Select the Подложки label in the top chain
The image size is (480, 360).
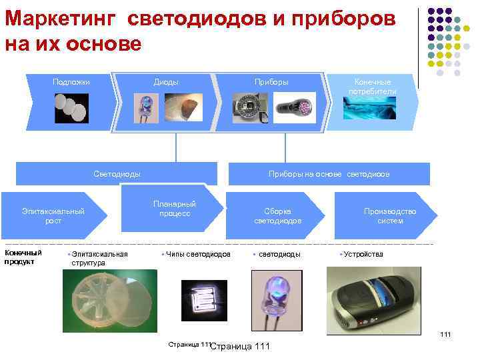coord(71,83)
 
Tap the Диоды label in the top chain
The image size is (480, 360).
coord(166,83)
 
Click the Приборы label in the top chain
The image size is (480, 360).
coord(271,83)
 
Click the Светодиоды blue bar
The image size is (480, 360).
coord(117,174)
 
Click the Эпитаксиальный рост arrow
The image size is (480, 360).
coord(53,215)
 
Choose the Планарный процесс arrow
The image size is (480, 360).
coord(174,209)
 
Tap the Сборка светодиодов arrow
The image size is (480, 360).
coord(277,215)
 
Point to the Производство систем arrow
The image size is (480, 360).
coord(389,215)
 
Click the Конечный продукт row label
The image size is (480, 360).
coord(23,257)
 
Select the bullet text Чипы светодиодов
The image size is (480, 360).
coord(198,254)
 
